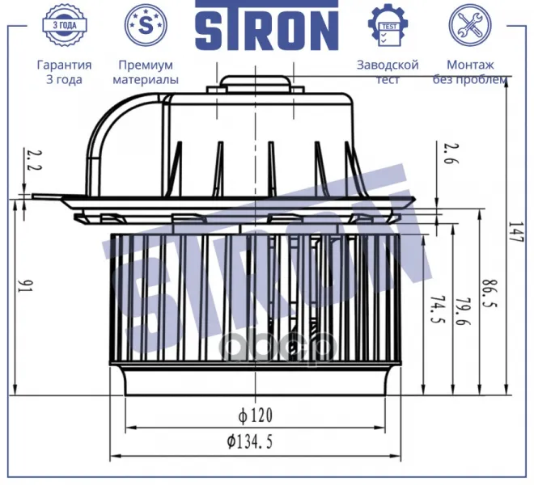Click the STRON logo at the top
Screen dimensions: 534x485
pos(267,26)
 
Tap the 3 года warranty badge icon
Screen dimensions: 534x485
pos(65,25)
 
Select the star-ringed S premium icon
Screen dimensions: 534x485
pos(146,25)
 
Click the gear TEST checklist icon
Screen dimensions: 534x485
pos(388,25)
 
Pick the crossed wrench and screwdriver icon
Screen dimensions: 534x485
pos(470,25)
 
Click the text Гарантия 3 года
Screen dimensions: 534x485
pos(64,72)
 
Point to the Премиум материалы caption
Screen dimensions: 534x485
pos(146,72)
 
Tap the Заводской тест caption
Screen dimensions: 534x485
pos(388,72)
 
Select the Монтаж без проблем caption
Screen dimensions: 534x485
pos(470,72)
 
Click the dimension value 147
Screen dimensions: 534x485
pos(515,232)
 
